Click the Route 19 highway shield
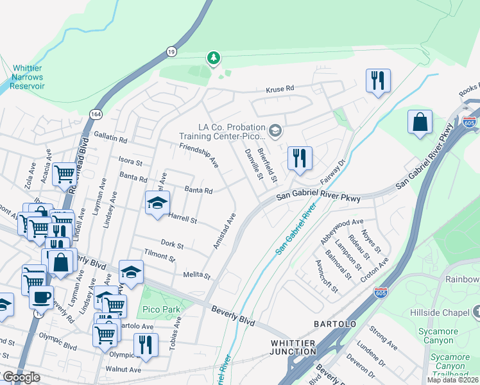point(171,50)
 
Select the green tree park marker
point(213,59)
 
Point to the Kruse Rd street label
point(280,89)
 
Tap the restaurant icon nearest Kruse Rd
point(378,80)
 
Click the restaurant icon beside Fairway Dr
point(300,158)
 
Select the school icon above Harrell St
point(157,203)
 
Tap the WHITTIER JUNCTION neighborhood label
point(293,346)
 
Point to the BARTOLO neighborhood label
point(334,324)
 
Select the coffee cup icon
point(42,298)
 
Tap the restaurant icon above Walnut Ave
point(146,345)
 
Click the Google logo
point(21,377)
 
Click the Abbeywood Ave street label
point(341,230)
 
